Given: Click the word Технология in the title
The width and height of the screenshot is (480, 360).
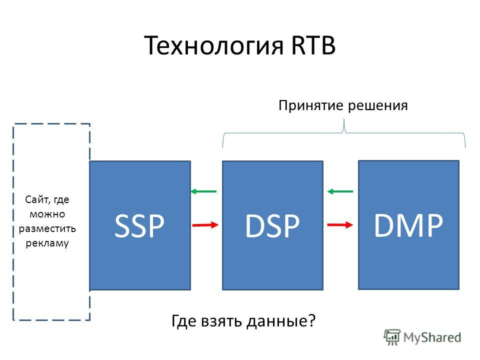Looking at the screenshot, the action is click(213, 46).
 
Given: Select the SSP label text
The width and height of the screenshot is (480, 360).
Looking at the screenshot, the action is click(139, 225).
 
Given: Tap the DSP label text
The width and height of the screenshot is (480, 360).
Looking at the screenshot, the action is click(272, 225).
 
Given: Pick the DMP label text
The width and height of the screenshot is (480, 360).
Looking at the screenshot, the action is click(408, 225).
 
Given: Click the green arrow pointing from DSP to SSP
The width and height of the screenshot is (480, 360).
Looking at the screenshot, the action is click(203, 191).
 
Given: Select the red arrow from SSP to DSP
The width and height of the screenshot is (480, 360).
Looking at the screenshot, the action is click(205, 225).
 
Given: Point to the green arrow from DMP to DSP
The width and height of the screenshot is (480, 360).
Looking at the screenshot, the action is click(340, 191).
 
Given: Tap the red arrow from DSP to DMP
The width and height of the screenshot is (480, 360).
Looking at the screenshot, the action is click(340, 225).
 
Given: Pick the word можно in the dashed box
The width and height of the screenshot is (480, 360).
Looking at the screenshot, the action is click(47, 214).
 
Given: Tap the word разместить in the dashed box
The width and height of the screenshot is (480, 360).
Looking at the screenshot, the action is click(47, 229).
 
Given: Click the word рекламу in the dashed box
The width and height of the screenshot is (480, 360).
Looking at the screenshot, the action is click(47, 243).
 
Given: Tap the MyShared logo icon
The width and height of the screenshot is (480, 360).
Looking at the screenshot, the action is click(392, 337).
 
